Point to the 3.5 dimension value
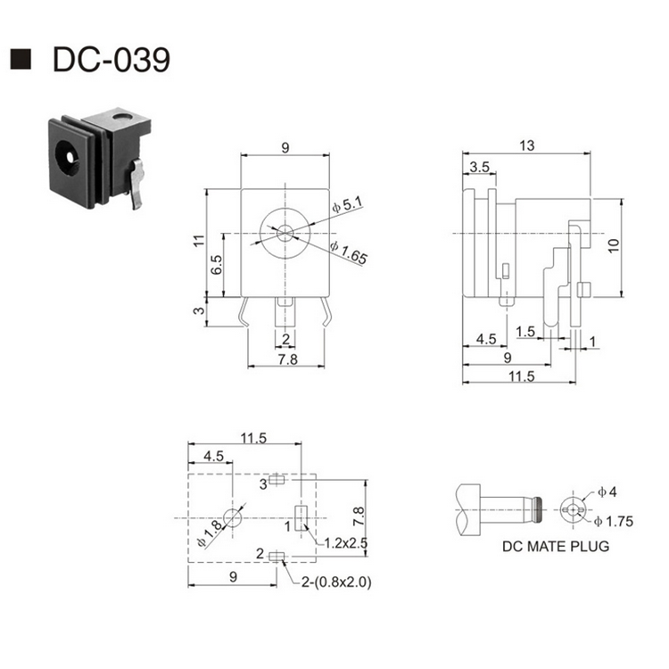(478, 167)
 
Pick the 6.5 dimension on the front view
(217, 265)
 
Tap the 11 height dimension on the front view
(199, 241)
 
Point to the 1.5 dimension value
(526, 332)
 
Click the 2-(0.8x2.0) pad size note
(334, 582)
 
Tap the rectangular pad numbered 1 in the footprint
(301, 516)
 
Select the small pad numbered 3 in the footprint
(277, 481)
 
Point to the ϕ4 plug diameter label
(607, 491)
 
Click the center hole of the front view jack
(284, 234)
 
